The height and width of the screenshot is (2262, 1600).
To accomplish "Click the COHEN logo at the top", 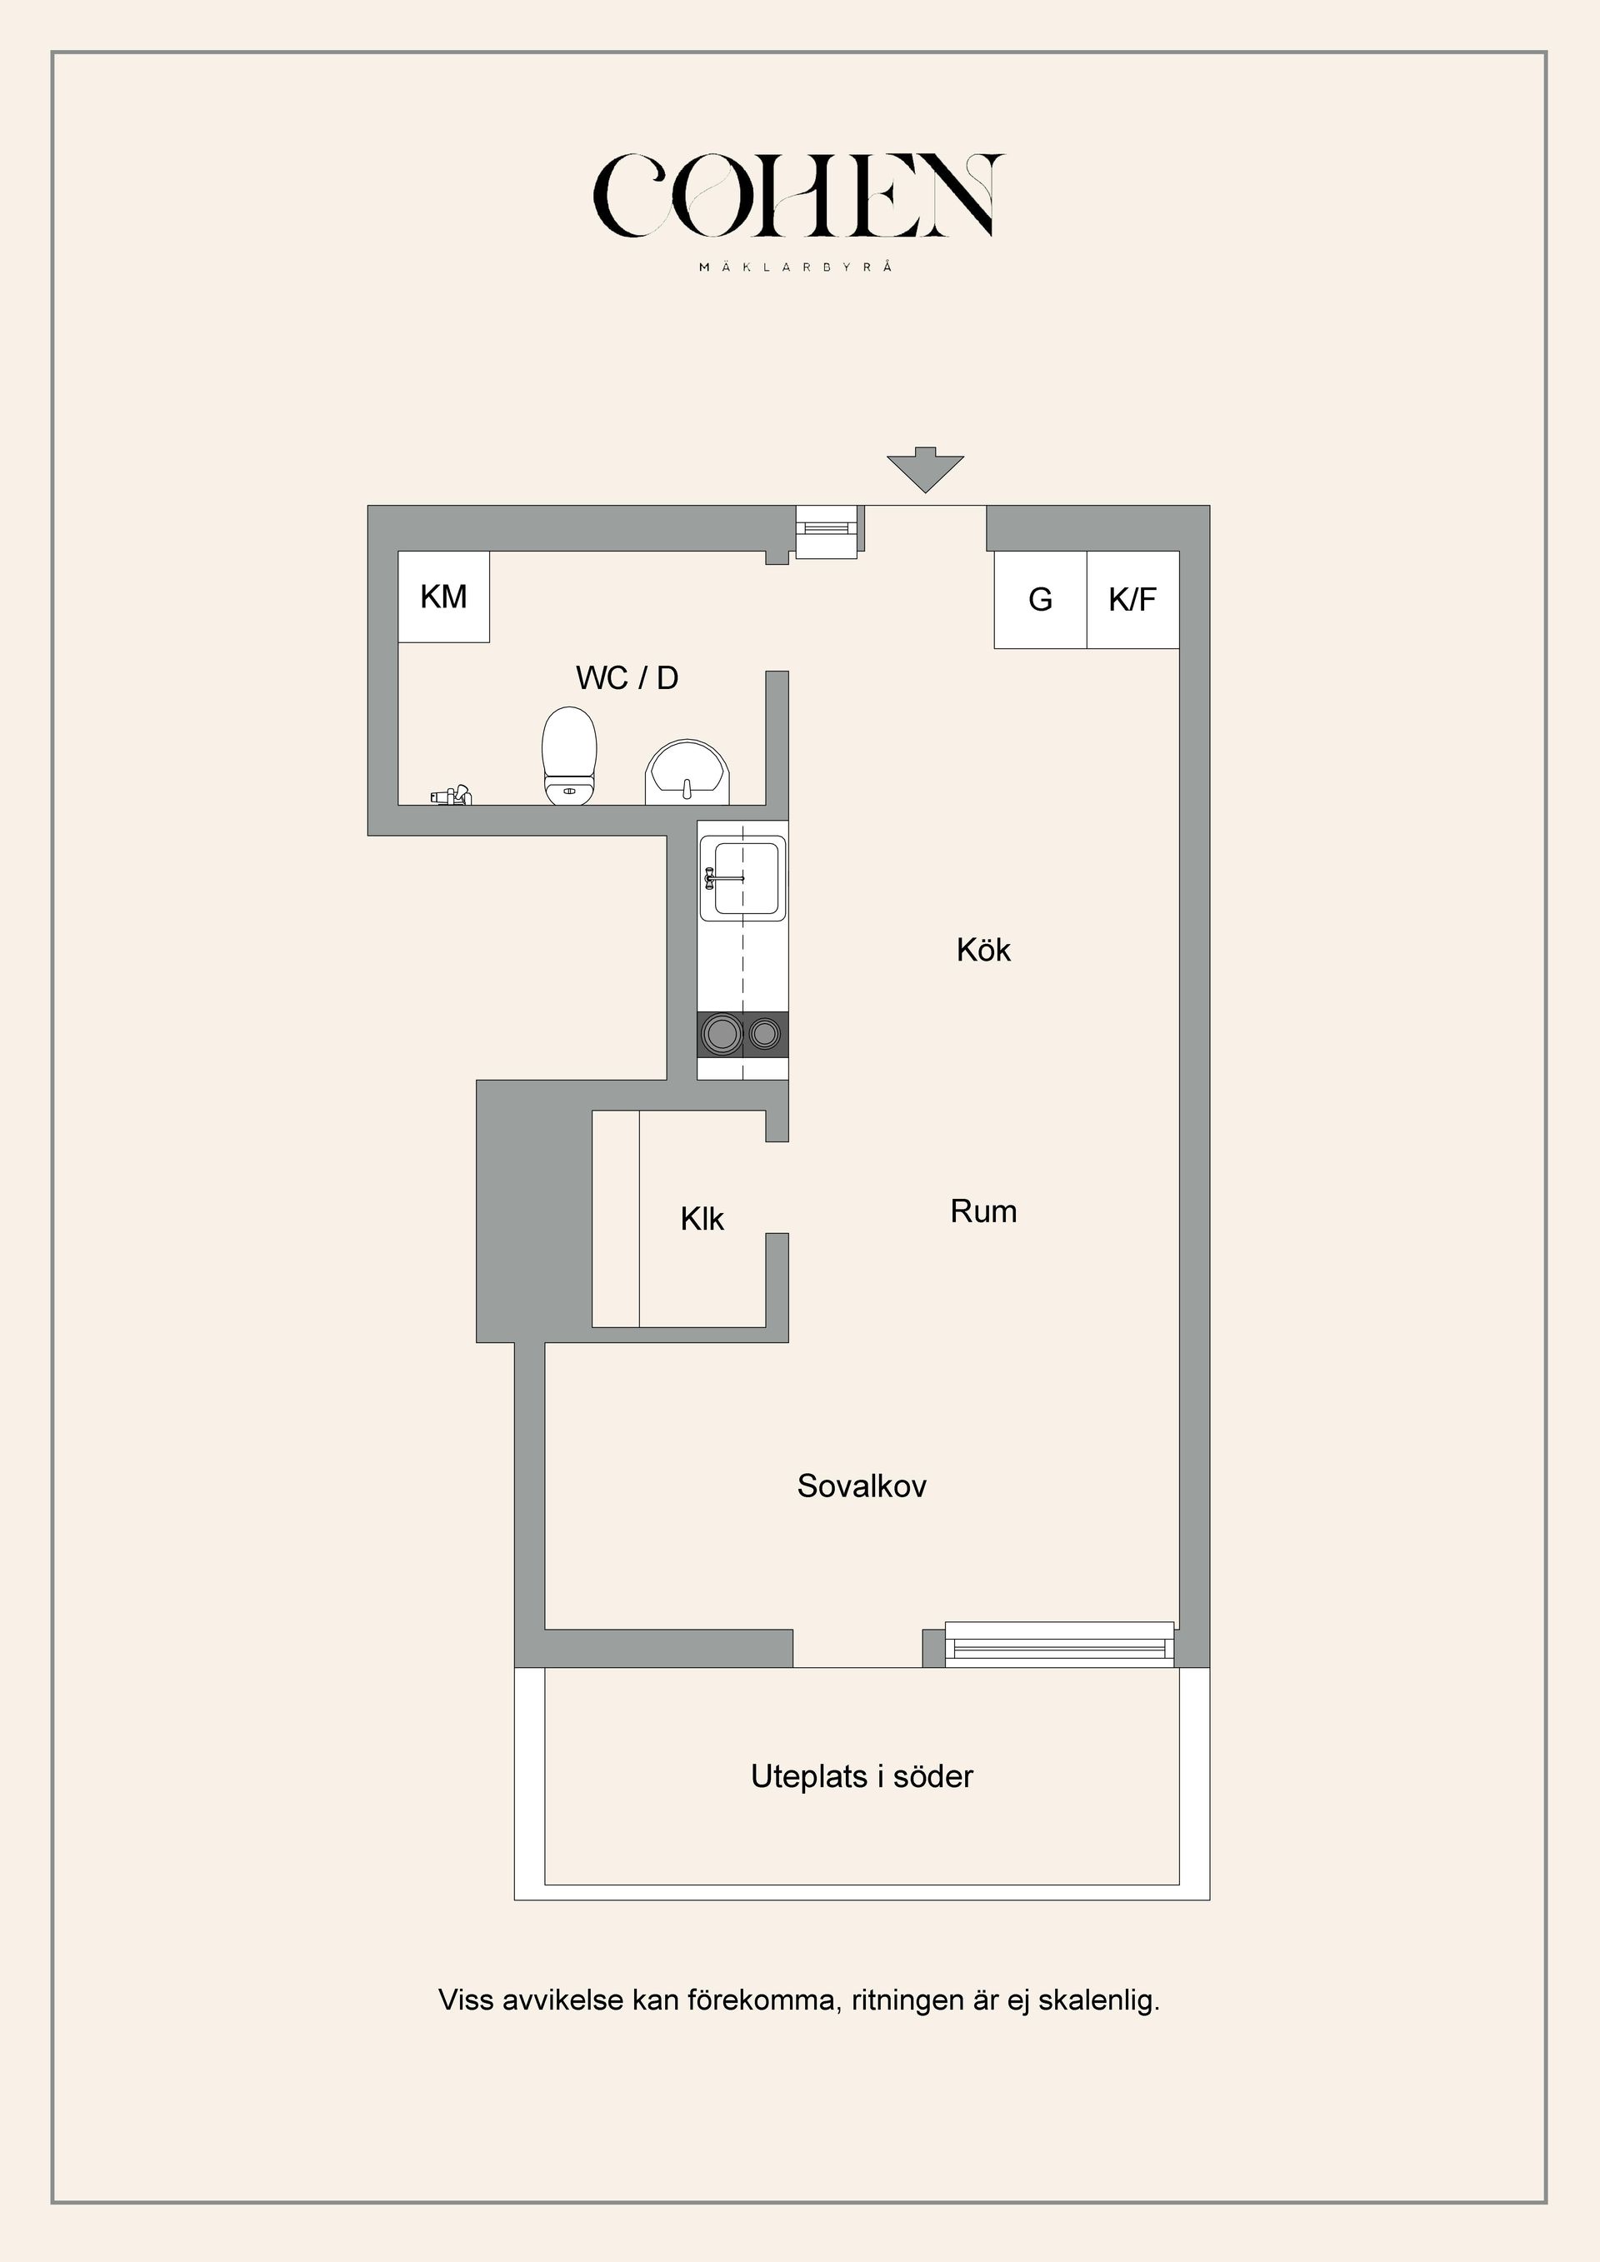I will pos(798,196).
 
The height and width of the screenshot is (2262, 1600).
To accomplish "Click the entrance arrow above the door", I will pos(924,470).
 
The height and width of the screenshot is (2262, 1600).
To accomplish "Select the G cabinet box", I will pos(1039,599).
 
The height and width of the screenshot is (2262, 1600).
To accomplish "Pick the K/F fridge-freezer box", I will pos(1132,599).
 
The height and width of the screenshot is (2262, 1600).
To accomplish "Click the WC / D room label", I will pos(627,678).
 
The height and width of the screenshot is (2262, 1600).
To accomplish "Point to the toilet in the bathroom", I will pos(569,755).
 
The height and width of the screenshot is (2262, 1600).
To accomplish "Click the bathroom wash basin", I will pos(687,773).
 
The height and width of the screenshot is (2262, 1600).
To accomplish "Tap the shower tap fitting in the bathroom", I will pos(451,795).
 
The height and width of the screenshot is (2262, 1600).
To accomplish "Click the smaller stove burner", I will pos(764,1033).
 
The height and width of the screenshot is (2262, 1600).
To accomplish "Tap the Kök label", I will pos(983,950).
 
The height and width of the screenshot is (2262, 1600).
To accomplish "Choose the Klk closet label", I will pos(702,1220).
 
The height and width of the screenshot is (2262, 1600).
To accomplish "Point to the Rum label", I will pos(983,1211).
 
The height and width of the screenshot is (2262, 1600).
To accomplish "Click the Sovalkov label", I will pos(861,1486).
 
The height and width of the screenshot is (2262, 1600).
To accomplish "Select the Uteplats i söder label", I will pos(861,1776).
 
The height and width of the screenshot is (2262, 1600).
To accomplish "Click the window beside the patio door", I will pos(1059,1645).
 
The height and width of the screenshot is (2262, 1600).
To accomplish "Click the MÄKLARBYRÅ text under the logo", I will pos(796,267).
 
